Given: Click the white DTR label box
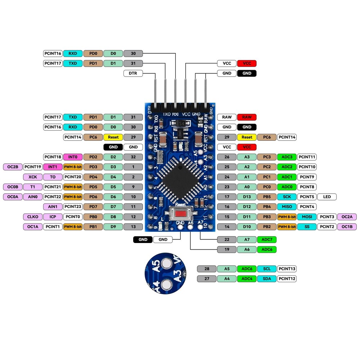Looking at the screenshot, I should [x=133, y=73].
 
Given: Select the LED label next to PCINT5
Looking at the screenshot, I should [x=327, y=197].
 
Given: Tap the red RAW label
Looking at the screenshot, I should [x=247, y=117].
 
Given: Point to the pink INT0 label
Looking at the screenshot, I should [x=73, y=157].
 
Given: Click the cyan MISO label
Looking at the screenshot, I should [x=287, y=207].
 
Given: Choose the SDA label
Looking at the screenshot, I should [x=267, y=279].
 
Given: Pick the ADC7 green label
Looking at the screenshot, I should [x=267, y=239].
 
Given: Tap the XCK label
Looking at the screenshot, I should [x=33, y=177].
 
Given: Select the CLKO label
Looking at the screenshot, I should [x=33, y=217].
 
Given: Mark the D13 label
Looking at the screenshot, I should [x=247, y=197].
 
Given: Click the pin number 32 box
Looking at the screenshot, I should [x=133, y=157].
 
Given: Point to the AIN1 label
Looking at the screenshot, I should [x=53, y=207].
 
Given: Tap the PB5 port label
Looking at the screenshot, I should [x=267, y=197].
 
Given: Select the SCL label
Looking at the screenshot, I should [x=267, y=269].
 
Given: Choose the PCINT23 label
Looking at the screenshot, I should [x=73, y=207].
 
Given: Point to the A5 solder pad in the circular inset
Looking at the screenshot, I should [x=166, y=264].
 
